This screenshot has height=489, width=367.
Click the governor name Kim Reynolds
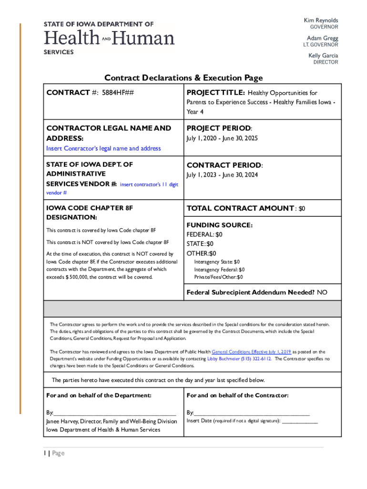(x=321, y=21)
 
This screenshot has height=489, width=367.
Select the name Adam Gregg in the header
(x=322, y=38)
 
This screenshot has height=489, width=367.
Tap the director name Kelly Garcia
(x=323, y=55)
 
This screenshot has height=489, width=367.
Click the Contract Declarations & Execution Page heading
(x=183, y=78)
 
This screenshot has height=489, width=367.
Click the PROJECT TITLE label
(x=216, y=93)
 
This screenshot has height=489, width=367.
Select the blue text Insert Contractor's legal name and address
(x=103, y=149)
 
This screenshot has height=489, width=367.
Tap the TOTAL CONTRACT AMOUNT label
(x=240, y=208)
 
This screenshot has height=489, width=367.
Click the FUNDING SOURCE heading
(x=219, y=225)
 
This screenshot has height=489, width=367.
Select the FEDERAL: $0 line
(x=204, y=234)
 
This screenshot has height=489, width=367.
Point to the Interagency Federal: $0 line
(x=219, y=269)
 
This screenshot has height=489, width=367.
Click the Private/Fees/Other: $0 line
(x=218, y=277)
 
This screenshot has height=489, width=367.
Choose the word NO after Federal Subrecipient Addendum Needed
(x=322, y=292)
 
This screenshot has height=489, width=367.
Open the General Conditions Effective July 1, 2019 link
(x=251, y=351)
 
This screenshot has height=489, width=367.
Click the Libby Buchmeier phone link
(x=239, y=359)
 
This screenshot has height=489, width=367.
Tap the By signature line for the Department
(x=114, y=413)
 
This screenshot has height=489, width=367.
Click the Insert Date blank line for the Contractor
(x=300, y=422)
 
